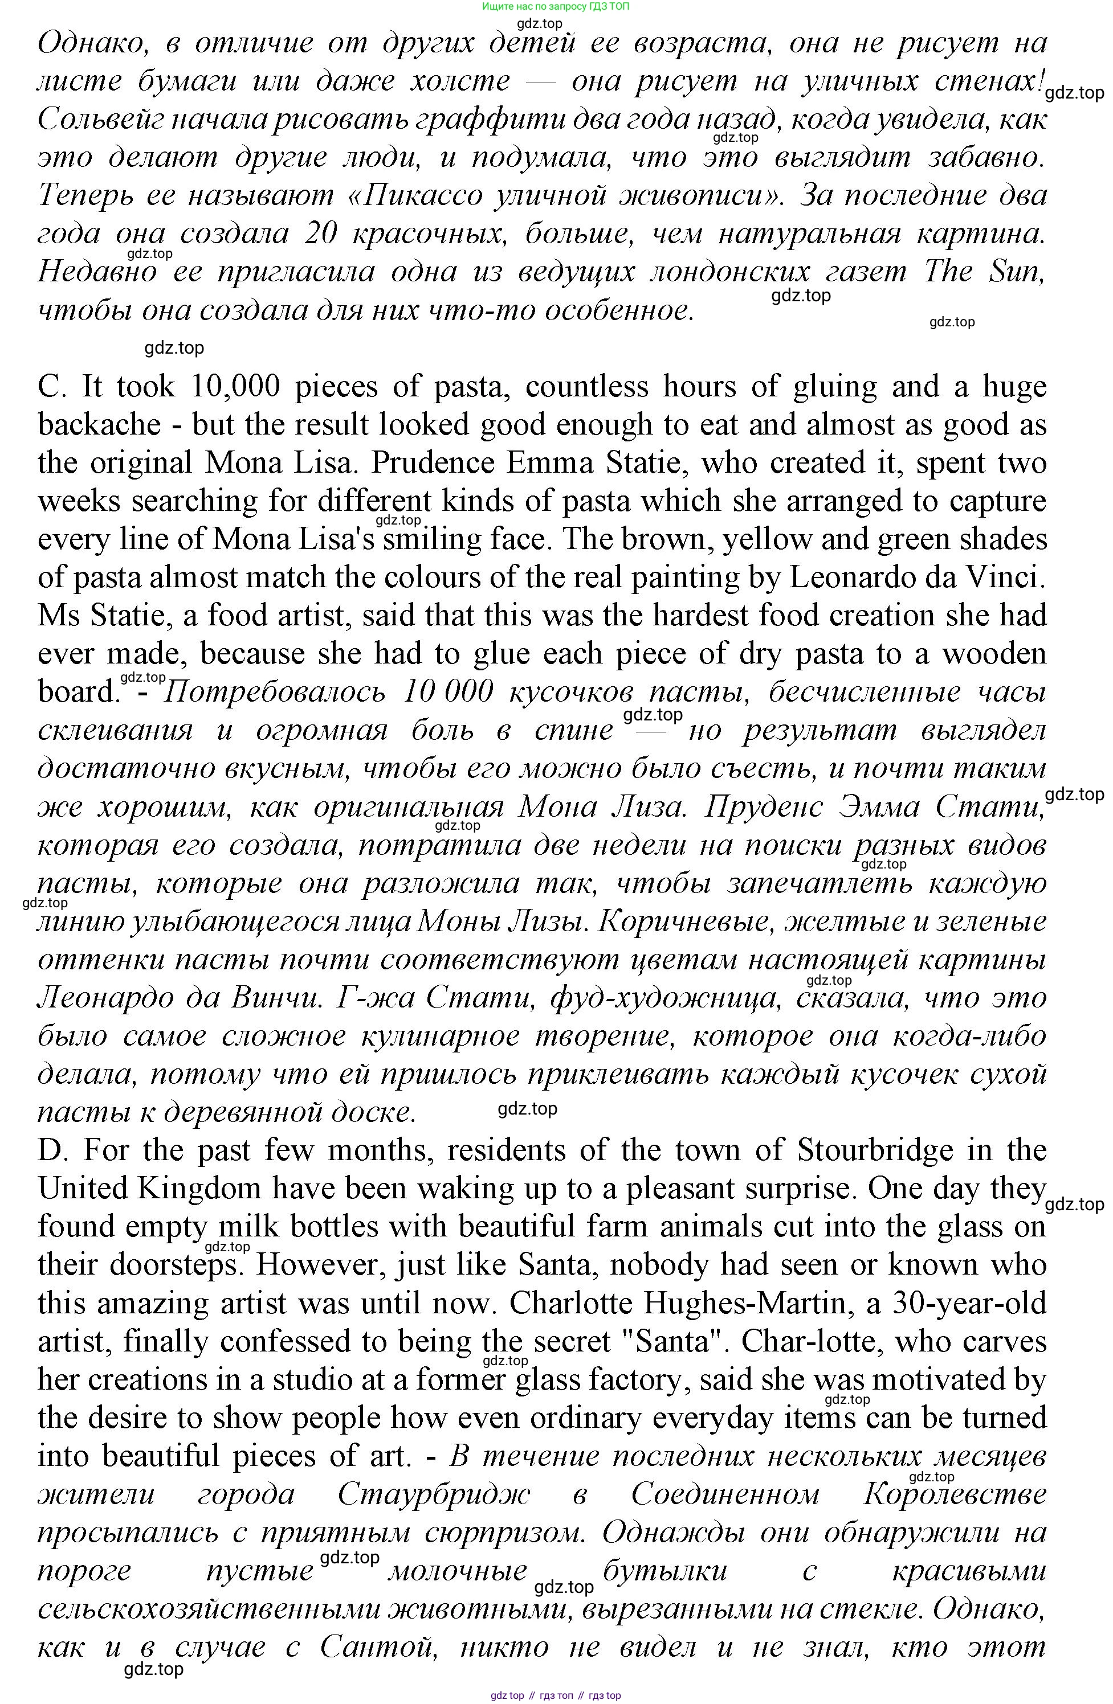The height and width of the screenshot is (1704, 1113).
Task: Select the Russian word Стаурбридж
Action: [x=433, y=1495]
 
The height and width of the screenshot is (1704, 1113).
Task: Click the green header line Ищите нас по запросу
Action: [x=556, y=6]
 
